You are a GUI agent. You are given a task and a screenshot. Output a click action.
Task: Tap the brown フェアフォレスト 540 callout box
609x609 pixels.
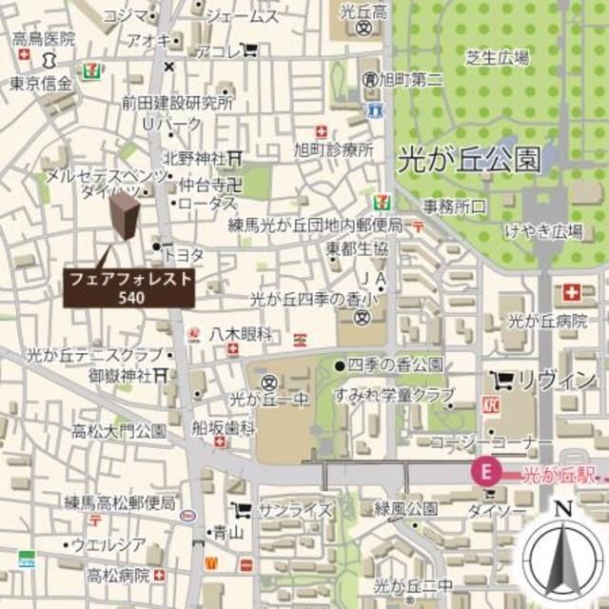pyautogui.click(x=129, y=287)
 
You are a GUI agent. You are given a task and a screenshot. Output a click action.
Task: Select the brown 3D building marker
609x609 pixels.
pyautogui.click(x=123, y=226)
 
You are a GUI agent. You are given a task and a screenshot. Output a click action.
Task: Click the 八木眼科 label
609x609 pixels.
pyautogui.click(x=241, y=333)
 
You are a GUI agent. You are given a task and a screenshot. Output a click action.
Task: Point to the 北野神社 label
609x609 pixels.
pyautogui.click(x=194, y=157)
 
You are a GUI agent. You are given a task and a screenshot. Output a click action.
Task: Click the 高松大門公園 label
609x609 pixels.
pyautogui.click(x=118, y=431)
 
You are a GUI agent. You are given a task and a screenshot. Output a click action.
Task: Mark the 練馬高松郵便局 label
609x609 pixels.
pyautogui.click(x=121, y=501)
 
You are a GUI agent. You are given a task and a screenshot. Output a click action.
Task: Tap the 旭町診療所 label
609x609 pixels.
pyautogui.click(x=333, y=149)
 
